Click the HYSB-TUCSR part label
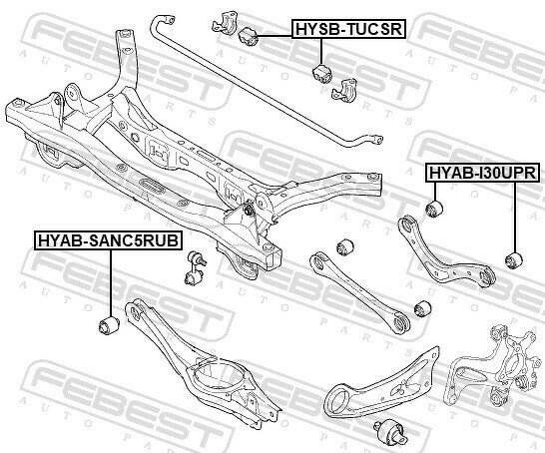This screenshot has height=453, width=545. coord(348,29)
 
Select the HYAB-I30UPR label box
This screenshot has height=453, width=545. coord(483,173)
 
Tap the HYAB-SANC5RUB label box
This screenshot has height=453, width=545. coord(108,240)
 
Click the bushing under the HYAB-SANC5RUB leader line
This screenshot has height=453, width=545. coord(109,325)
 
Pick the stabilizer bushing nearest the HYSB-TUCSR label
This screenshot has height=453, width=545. coord(248,36)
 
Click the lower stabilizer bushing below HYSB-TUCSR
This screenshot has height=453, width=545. coord(322,74)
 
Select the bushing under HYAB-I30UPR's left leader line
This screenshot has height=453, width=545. coord(434,209)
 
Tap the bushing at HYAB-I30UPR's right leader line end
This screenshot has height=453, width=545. coord(514,260)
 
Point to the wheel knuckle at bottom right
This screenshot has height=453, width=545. coord(492,365)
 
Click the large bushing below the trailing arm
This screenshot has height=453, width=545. coord(389,431)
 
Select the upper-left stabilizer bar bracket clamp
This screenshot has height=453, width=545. coord(226,23)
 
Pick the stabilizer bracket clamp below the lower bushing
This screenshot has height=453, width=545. coord(344,89)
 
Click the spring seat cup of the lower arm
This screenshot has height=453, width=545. coord(215,379)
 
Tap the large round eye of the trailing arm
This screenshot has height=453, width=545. coord(338,399)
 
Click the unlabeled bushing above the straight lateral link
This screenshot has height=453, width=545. coord(345,246)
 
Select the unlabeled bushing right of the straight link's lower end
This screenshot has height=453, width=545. coord(423,308)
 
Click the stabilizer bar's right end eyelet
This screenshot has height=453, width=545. coord(375,139)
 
